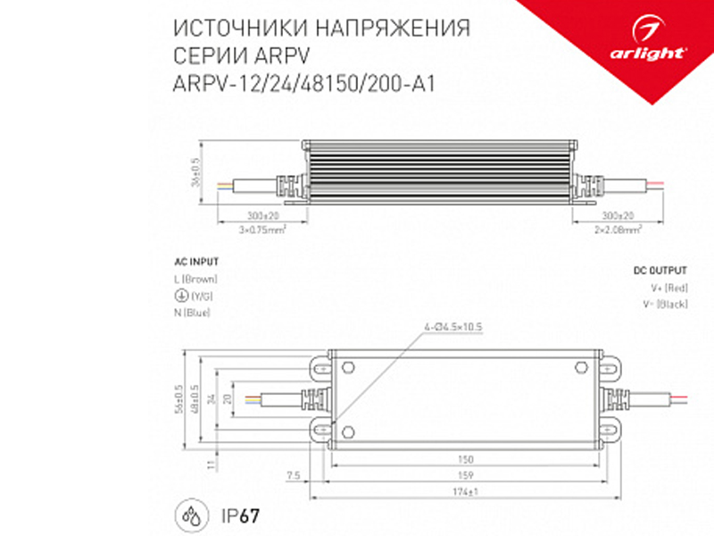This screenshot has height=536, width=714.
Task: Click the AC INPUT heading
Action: [196, 263]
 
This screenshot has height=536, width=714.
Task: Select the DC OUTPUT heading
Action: [660, 270]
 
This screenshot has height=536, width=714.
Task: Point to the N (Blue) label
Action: [193, 311]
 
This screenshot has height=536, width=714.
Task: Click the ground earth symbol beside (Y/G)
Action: [180, 296]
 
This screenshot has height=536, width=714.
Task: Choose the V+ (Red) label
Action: [669, 288]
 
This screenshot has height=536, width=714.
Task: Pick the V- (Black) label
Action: [669, 305]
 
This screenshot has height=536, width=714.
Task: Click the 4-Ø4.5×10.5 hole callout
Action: [453, 328]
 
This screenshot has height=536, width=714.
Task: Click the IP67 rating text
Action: [238, 516]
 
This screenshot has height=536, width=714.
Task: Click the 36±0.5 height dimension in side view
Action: [195, 172]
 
